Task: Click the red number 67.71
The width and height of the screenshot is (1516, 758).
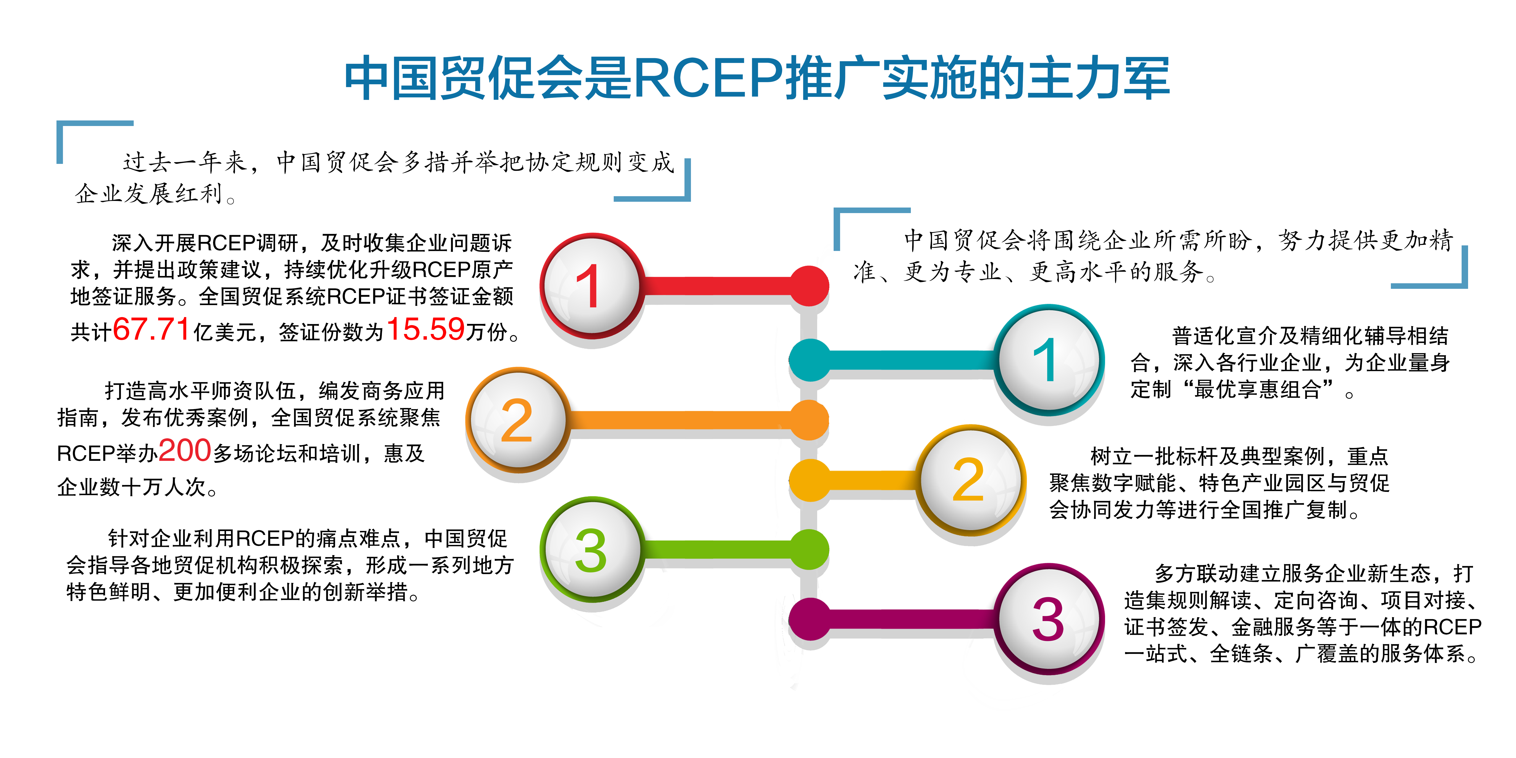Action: (151, 329)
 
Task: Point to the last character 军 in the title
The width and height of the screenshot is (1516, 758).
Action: (1146, 78)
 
